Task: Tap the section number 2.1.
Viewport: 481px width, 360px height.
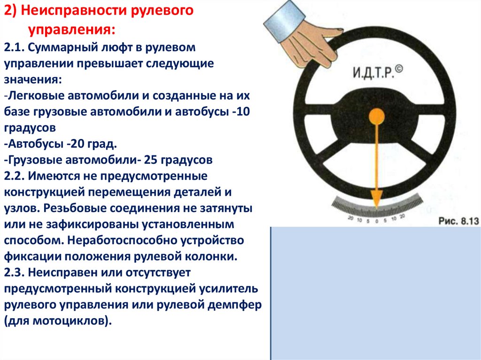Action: (14, 47)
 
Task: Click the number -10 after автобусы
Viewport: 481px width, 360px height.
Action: (241, 112)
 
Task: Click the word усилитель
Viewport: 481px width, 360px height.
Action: (229, 289)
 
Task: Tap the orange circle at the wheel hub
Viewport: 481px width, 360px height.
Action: (376, 116)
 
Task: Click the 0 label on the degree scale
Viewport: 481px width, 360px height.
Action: (377, 221)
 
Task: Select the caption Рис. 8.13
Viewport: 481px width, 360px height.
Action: (458, 221)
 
